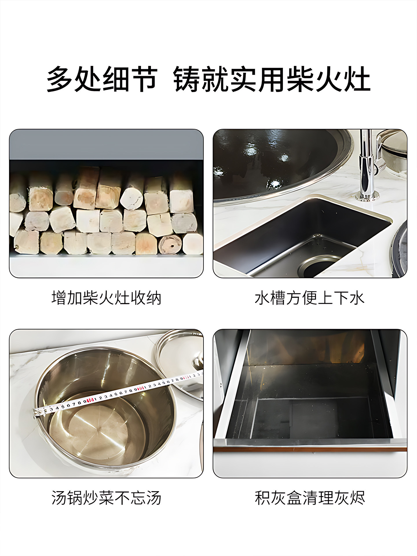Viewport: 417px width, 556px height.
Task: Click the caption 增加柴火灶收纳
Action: (x=106, y=298)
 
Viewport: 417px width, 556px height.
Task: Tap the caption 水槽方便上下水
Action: (x=310, y=298)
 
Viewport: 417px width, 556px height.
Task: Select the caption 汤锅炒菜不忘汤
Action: (x=106, y=498)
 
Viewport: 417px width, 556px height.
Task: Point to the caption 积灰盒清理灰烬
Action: (x=310, y=498)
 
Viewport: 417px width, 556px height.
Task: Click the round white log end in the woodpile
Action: (x=131, y=199)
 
